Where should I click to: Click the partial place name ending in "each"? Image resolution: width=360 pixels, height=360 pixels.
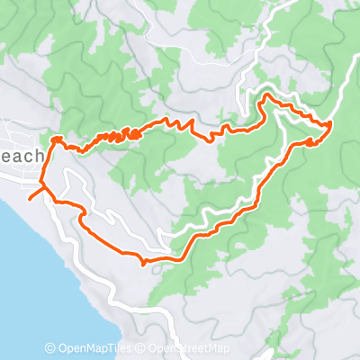[22, 157]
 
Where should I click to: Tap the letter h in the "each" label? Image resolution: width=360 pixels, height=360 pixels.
[40, 157]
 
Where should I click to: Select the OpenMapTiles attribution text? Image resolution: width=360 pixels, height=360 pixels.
[92, 349]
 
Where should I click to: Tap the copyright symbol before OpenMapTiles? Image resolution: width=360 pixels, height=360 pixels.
[50, 349]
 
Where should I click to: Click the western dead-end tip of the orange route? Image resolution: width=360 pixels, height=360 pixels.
[30, 197]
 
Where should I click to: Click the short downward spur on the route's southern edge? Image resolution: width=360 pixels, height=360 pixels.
[144, 264]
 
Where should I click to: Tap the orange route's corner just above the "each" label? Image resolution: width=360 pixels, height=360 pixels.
[54, 139]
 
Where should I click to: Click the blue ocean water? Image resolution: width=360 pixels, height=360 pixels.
[27, 270]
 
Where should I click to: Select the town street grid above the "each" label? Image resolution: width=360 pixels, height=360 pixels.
[22, 135]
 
